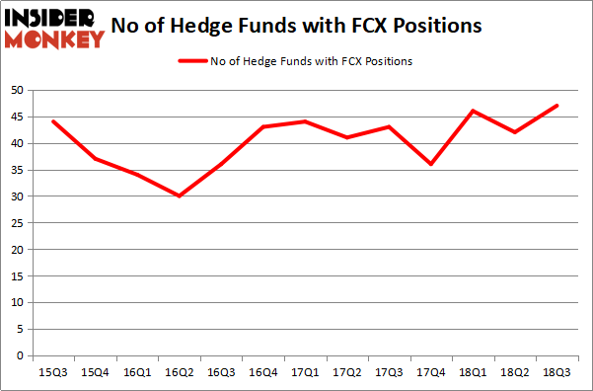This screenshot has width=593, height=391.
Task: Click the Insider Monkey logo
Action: coord(54,28)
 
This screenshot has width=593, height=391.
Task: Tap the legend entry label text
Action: coord(310,61)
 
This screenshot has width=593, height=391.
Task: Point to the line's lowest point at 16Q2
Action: coord(180,195)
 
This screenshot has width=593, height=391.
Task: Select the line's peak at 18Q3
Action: coord(557,106)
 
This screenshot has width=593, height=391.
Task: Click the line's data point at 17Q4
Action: coord(431,164)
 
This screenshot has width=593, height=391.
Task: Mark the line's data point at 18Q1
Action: coord(474,111)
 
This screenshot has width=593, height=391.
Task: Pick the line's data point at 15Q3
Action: coord(53,121)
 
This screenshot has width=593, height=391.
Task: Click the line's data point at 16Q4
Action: coord(263,126)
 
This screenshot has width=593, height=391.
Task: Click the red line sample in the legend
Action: coord(191,61)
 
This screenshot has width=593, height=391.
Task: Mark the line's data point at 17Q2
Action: coord(347,137)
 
